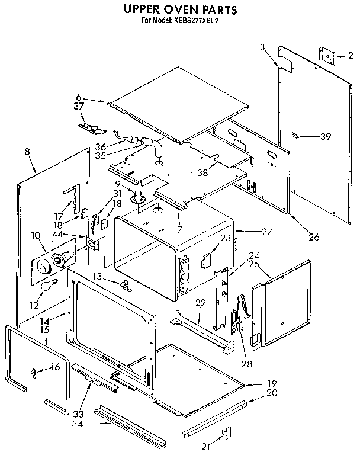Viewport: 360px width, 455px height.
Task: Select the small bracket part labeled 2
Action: (x=327, y=56)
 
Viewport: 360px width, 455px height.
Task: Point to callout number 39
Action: (x=324, y=137)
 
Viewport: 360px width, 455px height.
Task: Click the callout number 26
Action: (x=314, y=237)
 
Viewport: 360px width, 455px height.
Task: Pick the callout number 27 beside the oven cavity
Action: (x=267, y=231)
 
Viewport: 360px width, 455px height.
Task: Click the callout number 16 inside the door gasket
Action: (x=55, y=367)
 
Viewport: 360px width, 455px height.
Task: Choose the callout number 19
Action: (x=272, y=383)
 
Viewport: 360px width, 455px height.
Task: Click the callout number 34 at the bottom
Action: (x=78, y=425)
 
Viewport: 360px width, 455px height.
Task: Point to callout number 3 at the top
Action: (x=262, y=47)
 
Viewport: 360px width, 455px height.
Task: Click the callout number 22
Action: (x=201, y=303)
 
